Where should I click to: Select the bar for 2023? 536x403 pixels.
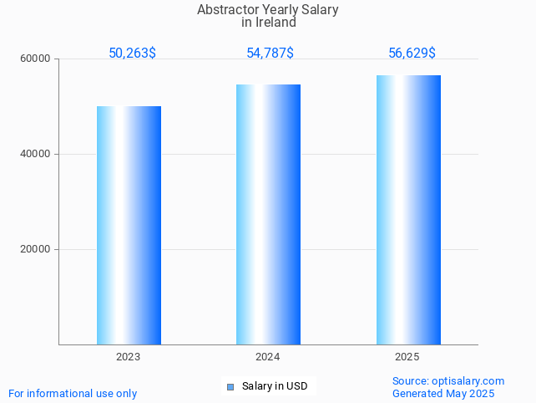[x=129, y=225]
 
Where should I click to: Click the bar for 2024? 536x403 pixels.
[x=268, y=214]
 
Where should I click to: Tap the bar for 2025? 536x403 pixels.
[x=408, y=210]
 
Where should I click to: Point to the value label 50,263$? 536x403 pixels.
[x=132, y=54]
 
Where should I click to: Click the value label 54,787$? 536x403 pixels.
[x=270, y=54]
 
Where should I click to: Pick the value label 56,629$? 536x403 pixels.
[x=412, y=54]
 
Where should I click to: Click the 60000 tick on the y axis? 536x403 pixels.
[x=37, y=59]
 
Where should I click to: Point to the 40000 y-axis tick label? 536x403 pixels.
[x=37, y=155]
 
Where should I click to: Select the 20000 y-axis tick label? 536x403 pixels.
[x=37, y=250]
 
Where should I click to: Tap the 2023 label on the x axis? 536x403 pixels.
[x=129, y=357]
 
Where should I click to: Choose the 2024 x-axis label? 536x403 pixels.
[x=268, y=357]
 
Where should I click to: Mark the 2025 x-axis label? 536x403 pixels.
[x=407, y=357]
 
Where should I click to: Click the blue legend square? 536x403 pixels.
[x=230, y=386]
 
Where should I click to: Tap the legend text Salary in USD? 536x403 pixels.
[x=275, y=386]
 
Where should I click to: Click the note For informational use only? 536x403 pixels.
[x=73, y=394]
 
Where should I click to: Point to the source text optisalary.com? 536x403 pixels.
[x=468, y=381]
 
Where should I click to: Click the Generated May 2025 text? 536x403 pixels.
[x=443, y=394]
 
